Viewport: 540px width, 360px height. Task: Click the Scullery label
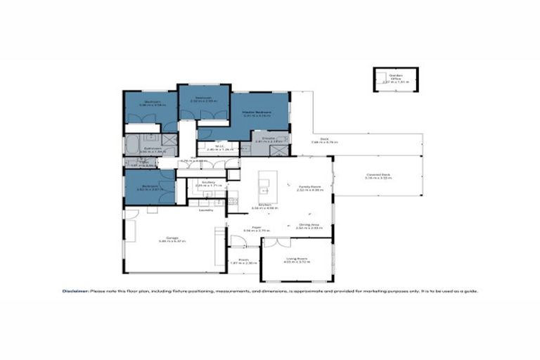click(x=207, y=182)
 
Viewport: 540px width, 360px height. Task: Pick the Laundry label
click(x=206, y=210)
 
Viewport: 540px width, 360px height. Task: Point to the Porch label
click(x=243, y=259)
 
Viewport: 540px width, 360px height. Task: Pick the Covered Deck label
click(x=378, y=174)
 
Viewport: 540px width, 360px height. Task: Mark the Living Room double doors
click(x=281, y=242)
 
